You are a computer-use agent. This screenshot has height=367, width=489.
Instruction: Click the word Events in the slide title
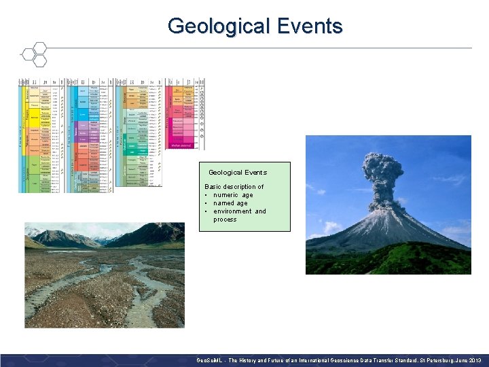(x=308, y=27)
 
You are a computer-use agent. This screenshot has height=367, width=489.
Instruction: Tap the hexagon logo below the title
(x=33, y=54)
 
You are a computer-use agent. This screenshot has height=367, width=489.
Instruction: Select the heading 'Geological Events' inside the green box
(x=238, y=173)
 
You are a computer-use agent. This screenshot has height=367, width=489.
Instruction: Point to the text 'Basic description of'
(x=234, y=187)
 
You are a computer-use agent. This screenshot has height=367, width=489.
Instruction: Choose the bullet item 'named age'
(x=230, y=203)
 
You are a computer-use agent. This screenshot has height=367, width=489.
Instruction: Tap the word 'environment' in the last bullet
(x=233, y=211)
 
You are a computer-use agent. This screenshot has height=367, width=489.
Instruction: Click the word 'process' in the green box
(x=225, y=220)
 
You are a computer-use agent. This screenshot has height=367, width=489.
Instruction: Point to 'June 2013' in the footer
(x=468, y=360)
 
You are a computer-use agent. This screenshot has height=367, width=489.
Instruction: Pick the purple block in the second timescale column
(x=82, y=129)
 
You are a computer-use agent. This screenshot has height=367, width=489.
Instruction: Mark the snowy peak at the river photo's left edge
(x=31, y=232)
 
